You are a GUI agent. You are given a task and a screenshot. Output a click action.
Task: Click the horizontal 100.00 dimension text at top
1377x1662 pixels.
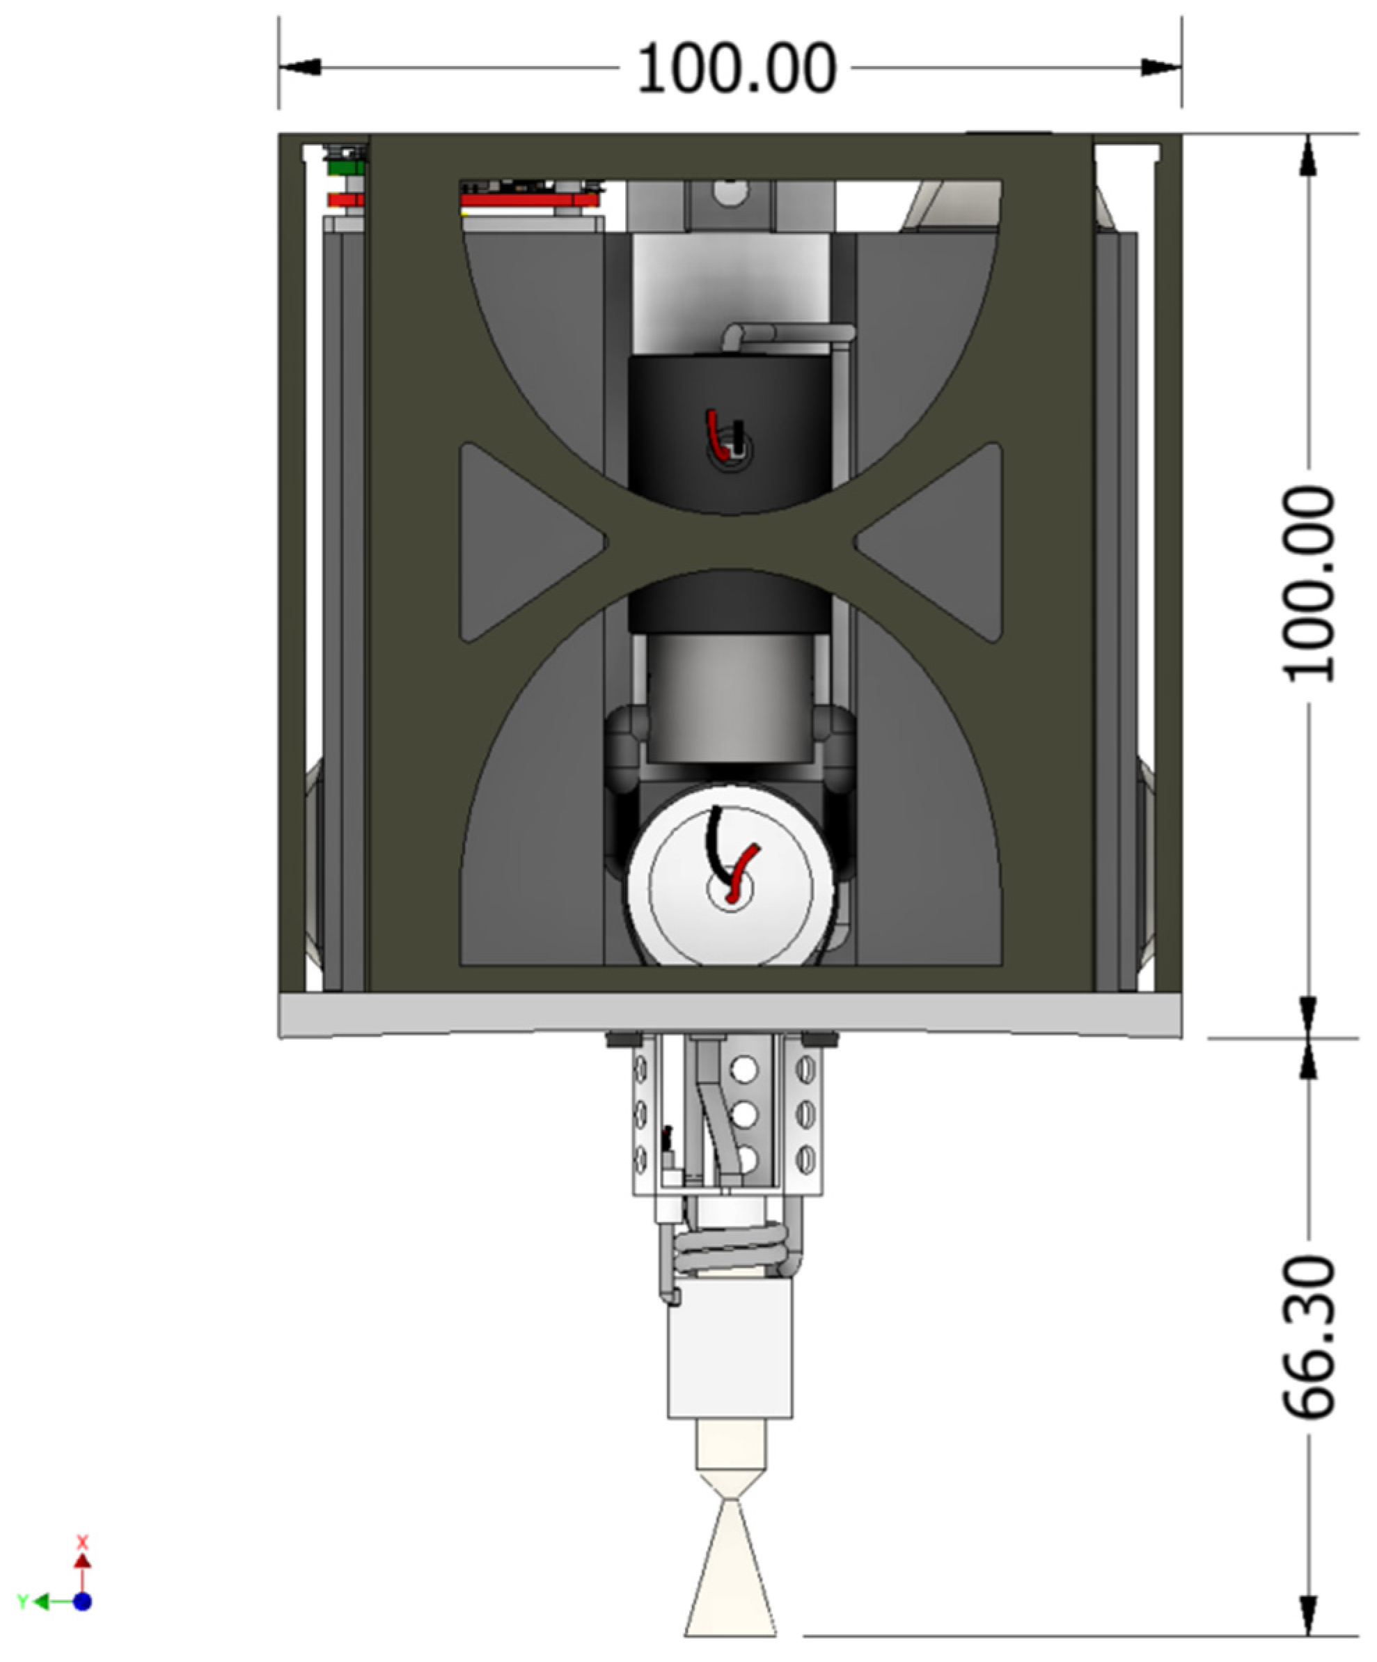tap(736, 69)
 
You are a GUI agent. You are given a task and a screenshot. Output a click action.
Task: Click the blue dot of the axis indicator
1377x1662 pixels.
tap(82, 1602)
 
